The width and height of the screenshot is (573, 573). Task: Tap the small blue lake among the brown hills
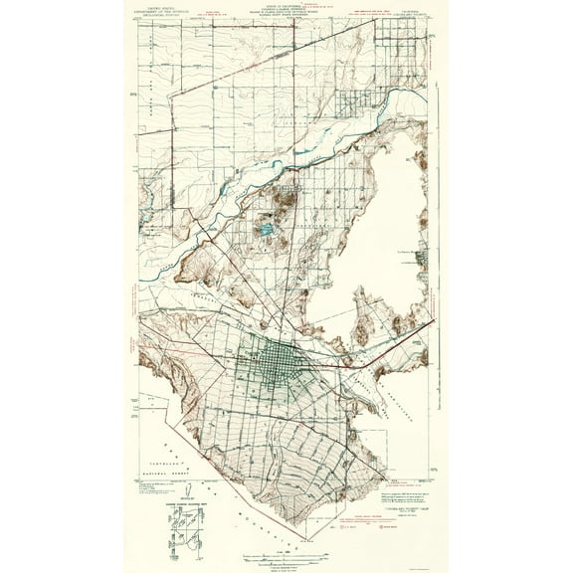coord(266,230)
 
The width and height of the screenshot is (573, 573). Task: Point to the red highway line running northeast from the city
coord(398,338)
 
